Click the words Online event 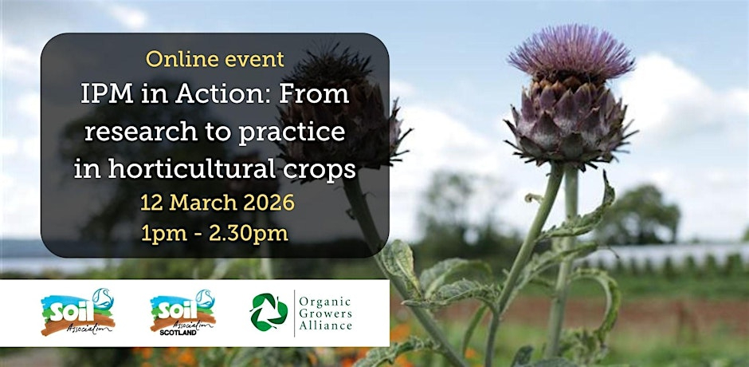point(215,59)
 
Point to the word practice point(292,133)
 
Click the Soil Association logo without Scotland point(78,312)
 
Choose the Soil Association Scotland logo point(183,312)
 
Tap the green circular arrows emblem point(269,312)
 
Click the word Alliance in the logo point(326,326)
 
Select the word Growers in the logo point(325,314)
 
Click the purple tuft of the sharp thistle point(571,50)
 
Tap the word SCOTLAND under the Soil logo point(178,332)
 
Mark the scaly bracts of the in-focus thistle point(568,120)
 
